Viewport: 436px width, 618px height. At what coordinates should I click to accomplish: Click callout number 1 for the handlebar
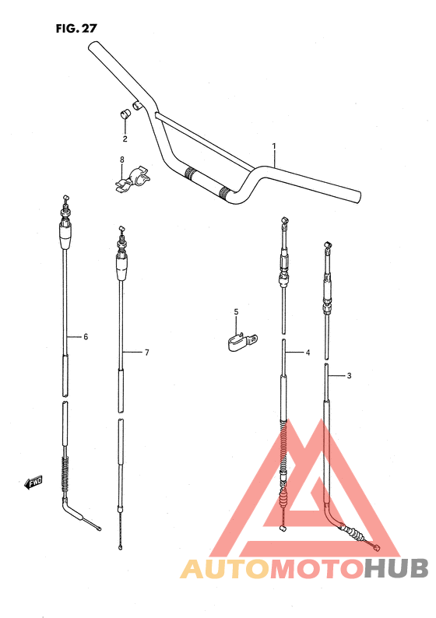click(274, 146)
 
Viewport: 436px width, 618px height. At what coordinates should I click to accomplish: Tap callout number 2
click(124, 139)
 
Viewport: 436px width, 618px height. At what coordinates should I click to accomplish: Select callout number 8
click(121, 160)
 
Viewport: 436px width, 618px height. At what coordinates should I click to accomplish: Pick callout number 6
click(86, 336)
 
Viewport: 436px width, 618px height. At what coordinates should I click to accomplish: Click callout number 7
click(146, 353)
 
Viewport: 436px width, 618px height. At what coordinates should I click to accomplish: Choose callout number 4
click(308, 353)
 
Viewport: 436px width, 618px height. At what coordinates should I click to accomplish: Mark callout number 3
click(350, 375)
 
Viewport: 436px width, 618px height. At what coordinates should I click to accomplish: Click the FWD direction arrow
click(33, 483)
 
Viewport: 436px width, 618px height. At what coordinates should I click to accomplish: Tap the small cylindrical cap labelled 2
click(123, 115)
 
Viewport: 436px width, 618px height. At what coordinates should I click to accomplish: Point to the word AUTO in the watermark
click(220, 569)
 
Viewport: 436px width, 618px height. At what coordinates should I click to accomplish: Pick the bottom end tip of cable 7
click(121, 547)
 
